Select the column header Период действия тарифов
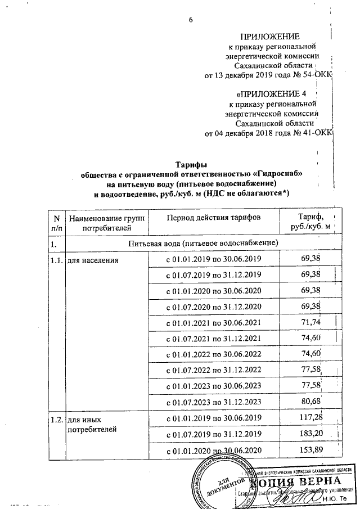coord(213,218)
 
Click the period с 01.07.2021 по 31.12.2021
coord(213,338)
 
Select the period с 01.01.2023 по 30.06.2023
coord(213,386)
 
